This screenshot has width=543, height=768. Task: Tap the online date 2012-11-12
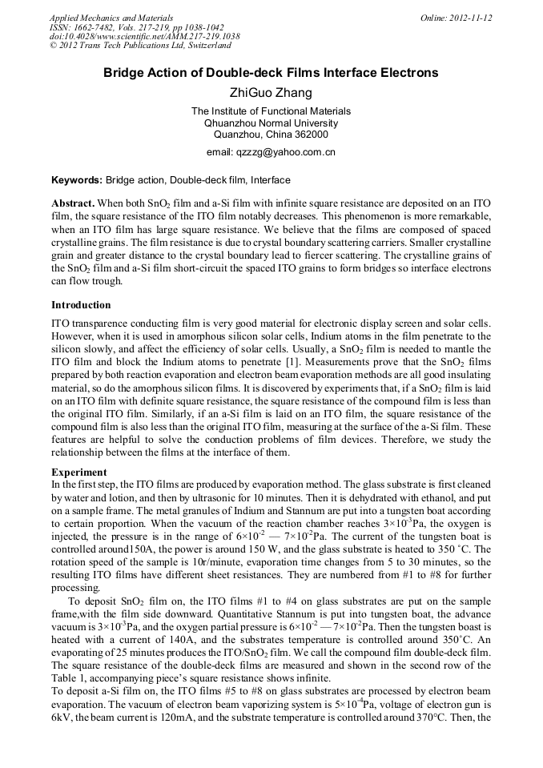click(x=471, y=18)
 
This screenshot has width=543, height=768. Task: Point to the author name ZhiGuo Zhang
click(x=271, y=93)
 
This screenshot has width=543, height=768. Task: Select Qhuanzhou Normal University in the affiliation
click(x=271, y=123)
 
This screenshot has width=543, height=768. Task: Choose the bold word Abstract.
click(x=74, y=205)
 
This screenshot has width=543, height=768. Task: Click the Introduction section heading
click(x=81, y=305)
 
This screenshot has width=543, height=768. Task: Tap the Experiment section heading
click(x=79, y=472)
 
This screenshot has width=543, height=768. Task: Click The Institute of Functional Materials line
click(x=271, y=111)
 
